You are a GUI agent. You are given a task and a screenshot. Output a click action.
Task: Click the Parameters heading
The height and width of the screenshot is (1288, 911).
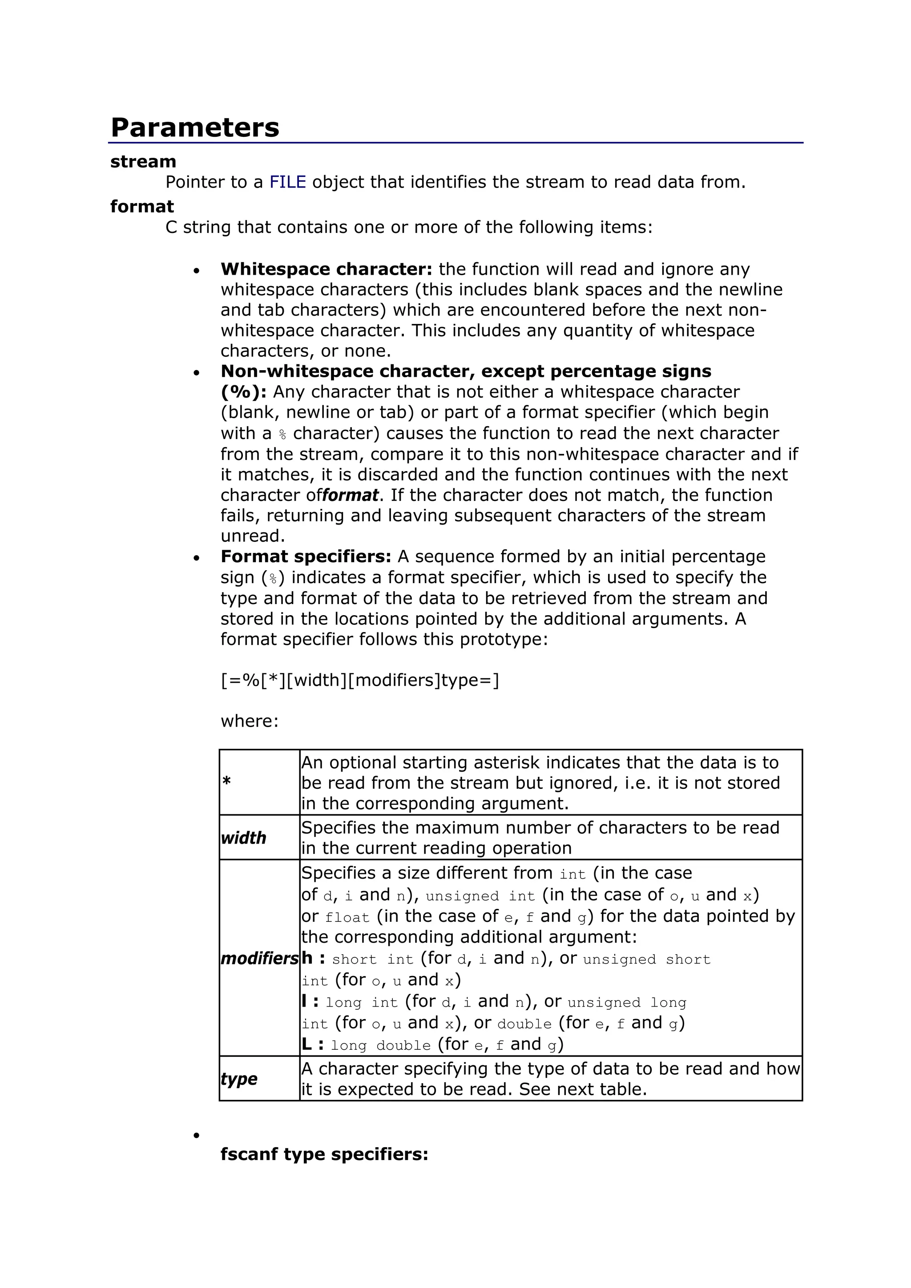[195, 128]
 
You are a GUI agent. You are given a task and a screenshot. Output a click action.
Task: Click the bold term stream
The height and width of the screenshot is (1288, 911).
[143, 162]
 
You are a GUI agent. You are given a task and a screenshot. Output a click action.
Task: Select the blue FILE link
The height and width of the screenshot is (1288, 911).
[287, 182]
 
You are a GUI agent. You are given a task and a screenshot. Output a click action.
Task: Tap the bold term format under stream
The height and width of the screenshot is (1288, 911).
[142, 206]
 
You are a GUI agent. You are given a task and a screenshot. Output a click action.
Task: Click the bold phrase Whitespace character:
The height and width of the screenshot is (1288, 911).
[326, 269]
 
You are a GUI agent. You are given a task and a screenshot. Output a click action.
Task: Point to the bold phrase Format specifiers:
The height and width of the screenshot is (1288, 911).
[305, 556]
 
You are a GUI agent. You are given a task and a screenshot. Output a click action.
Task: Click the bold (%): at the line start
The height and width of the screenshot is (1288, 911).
[243, 392]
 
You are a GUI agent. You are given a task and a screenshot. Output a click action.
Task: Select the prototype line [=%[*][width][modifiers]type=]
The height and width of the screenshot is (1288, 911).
[360, 680]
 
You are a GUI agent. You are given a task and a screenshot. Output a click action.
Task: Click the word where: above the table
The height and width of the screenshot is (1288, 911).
[249, 721]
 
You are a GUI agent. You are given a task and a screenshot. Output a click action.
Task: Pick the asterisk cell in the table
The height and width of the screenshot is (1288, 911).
[227, 781]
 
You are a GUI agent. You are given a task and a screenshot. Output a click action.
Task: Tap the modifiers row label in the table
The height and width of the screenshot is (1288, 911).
[259, 958]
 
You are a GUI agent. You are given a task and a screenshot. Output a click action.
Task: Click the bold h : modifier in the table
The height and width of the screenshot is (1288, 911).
[313, 958]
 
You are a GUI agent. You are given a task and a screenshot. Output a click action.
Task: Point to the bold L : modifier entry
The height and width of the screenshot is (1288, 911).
[313, 1044]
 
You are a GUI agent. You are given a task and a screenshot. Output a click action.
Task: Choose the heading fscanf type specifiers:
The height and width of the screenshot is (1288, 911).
[324, 1155]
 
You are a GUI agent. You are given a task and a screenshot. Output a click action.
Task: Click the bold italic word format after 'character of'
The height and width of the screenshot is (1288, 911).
[350, 496]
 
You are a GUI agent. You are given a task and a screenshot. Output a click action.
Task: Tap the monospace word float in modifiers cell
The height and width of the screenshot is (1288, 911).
[347, 918]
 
